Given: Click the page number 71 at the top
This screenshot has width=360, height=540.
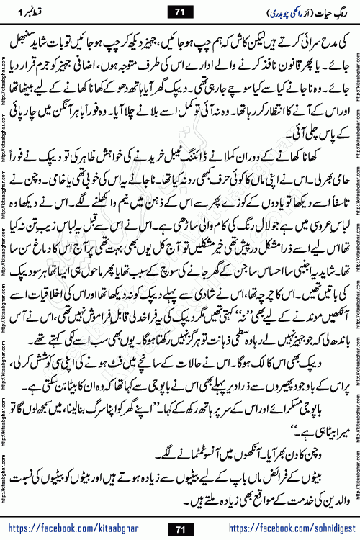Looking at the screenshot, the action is [179, 12].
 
